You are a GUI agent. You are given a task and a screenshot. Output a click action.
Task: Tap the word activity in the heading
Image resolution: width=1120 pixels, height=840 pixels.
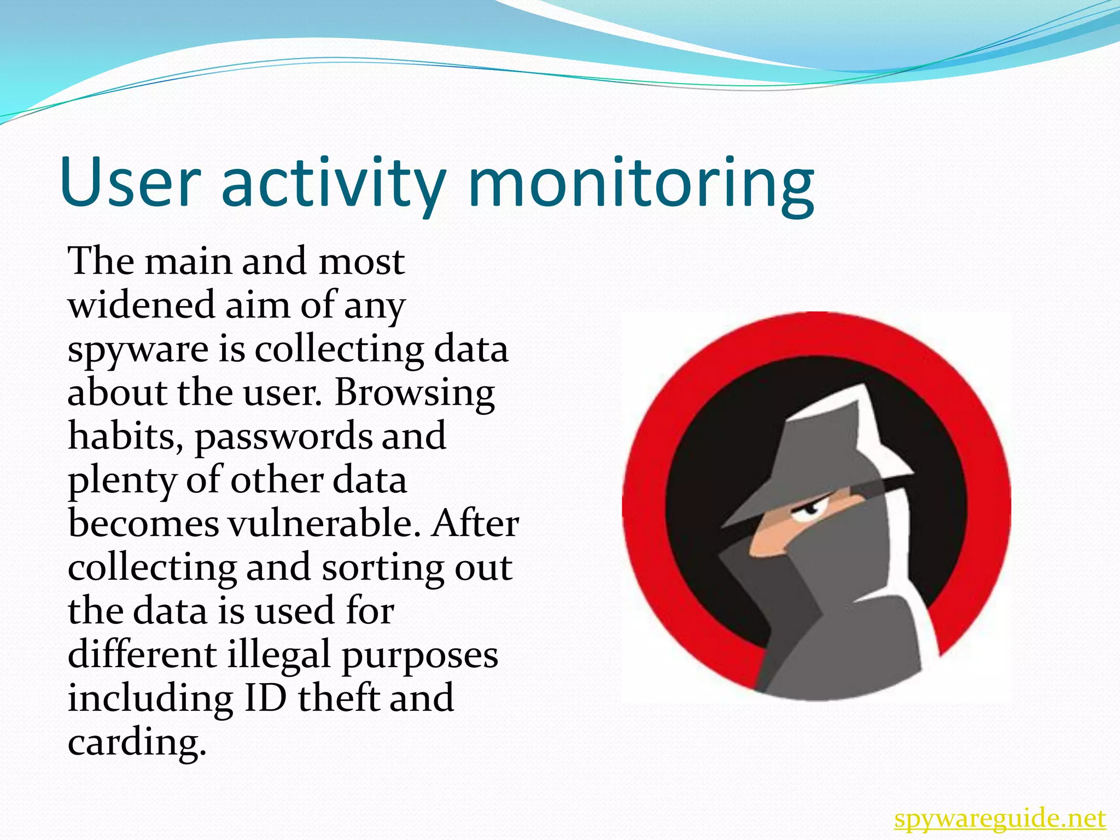[333, 182]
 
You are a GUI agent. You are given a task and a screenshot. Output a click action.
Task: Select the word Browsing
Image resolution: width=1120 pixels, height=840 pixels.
[415, 393]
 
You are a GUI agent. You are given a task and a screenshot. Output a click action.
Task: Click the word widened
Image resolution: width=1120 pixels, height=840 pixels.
[141, 305]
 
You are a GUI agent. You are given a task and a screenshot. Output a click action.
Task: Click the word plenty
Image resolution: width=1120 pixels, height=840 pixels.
[121, 481]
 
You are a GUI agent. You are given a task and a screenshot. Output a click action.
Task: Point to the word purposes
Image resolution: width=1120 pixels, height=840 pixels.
[420, 656]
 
